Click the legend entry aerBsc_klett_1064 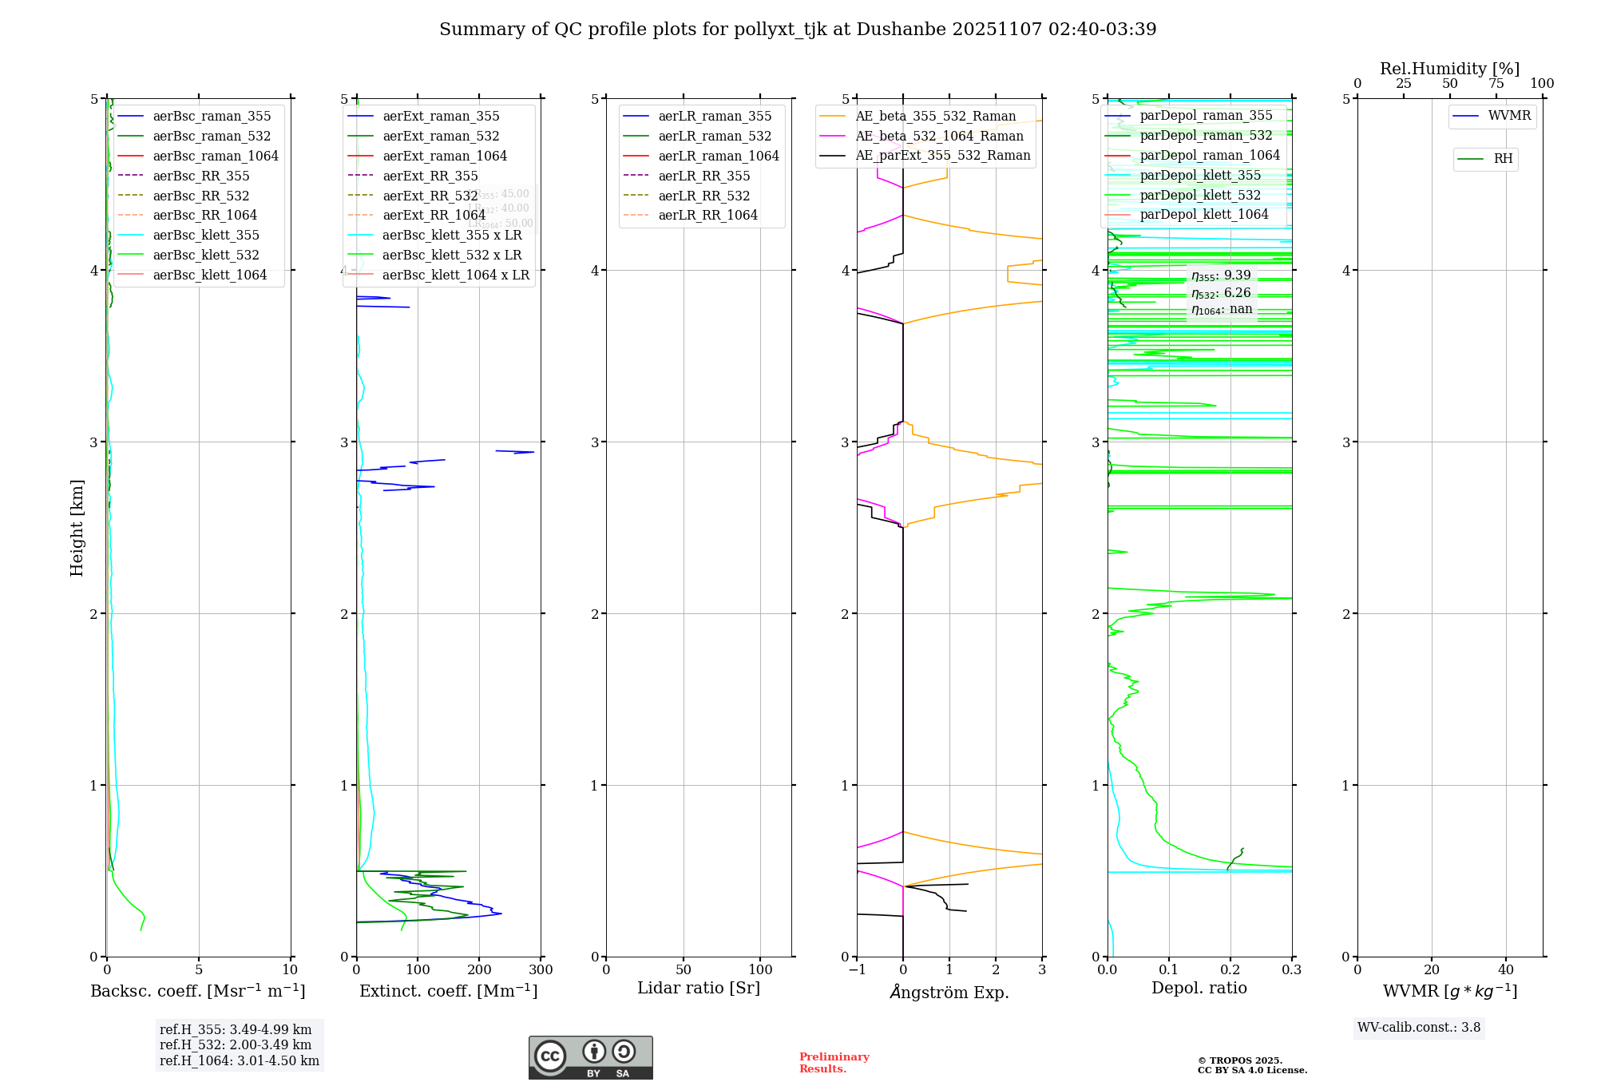click(x=210, y=275)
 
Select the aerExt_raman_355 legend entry click(x=441, y=117)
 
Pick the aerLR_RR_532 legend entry click(x=704, y=196)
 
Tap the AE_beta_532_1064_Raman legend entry click(x=939, y=136)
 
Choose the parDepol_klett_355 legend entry click(x=1200, y=176)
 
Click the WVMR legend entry click(x=1509, y=116)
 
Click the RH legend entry click(x=1503, y=159)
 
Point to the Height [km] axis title click(x=77, y=528)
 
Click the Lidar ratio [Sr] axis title click(x=699, y=988)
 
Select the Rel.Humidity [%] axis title click(x=1449, y=69)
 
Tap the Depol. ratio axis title click(x=1199, y=988)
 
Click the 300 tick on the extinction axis click(x=541, y=969)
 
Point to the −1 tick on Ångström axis click(x=857, y=969)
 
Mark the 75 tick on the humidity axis click(x=1496, y=84)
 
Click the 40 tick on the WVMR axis click(x=1505, y=969)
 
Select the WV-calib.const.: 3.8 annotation click(x=1419, y=1028)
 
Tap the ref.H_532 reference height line click(x=236, y=1044)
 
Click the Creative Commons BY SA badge click(x=590, y=1058)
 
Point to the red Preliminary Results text click(x=834, y=1063)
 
